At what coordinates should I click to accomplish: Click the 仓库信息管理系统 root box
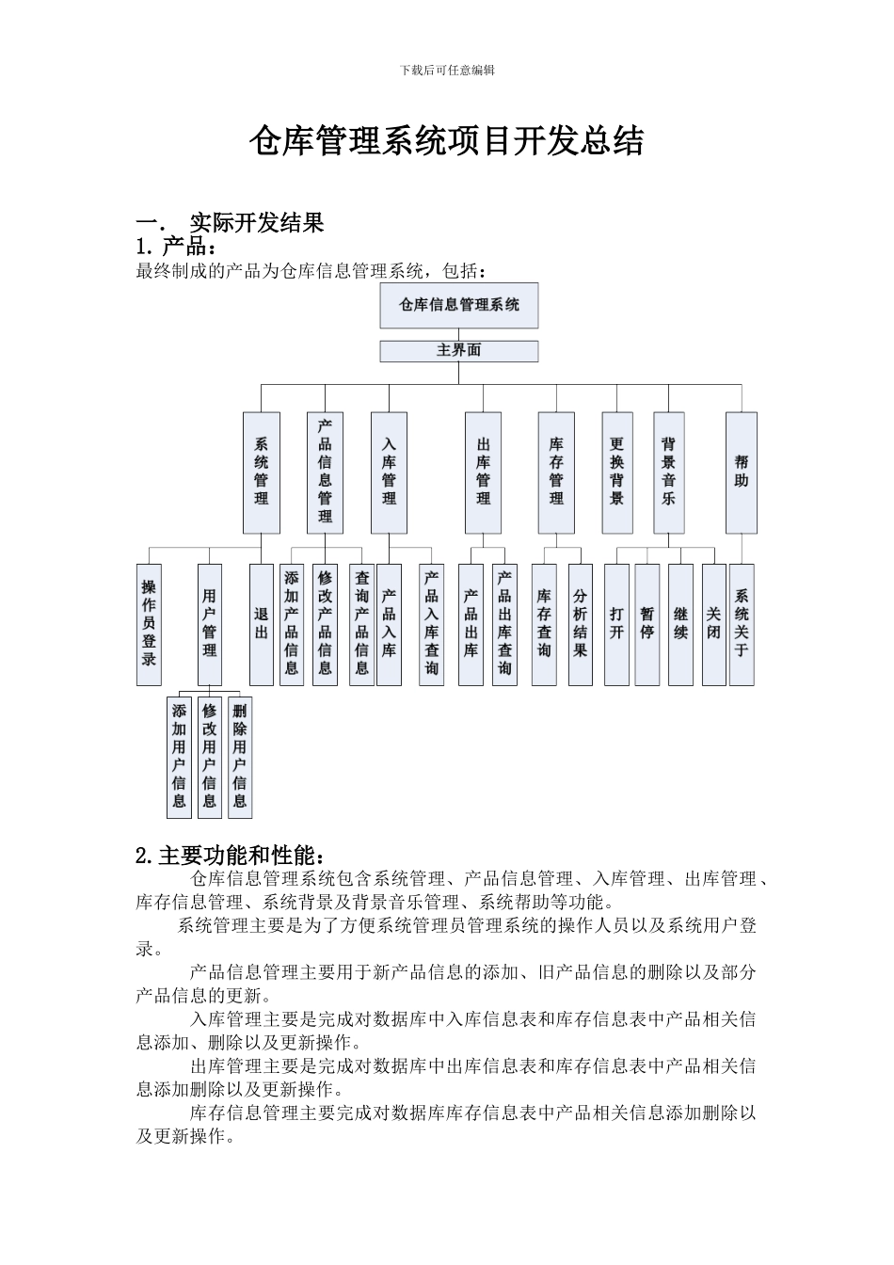[458, 305]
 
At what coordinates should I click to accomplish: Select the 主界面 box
[458, 351]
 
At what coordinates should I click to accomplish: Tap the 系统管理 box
[261, 472]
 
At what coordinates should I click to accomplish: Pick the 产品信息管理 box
[325, 472]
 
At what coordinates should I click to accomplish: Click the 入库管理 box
[389, 472]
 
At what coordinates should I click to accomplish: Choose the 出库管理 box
[483, 472]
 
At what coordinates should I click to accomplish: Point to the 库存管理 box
[556, 472]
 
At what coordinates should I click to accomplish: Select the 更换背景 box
[616, 472]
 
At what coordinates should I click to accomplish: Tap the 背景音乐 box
[668, 472]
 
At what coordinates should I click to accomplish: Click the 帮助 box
[742, 472]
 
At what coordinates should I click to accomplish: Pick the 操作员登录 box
[149, 624]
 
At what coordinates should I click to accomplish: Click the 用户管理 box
[209, 624]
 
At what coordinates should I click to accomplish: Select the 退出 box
[261, 624]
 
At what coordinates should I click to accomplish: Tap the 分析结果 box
[580, 624]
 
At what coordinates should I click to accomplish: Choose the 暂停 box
[647, 624]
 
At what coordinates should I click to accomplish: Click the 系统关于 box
[742, 624]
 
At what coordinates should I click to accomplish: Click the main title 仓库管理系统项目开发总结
[446, 142]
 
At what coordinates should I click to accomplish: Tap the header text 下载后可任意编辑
[447, 70]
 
